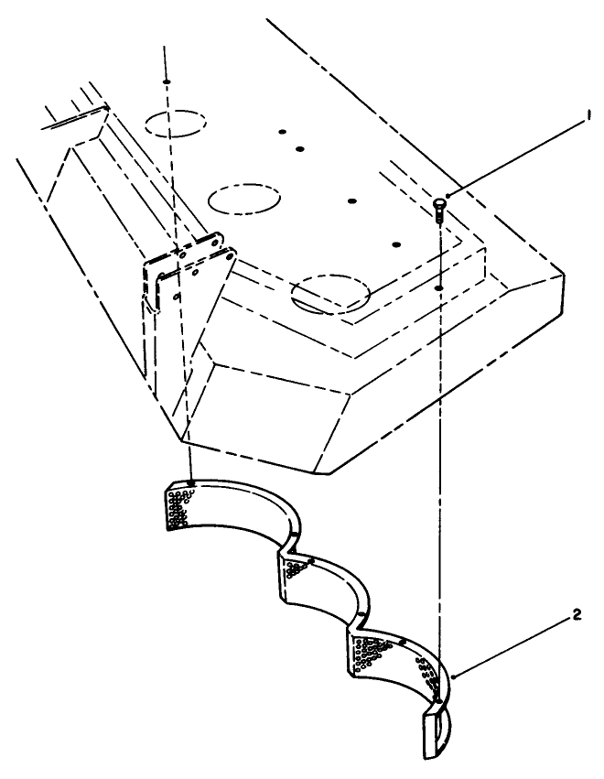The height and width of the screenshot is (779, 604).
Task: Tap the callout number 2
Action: (574, 616)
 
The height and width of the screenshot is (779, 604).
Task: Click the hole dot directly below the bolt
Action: (439, 288)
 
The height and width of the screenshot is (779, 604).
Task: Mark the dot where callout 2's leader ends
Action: (454, 676)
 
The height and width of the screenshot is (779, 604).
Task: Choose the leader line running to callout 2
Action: (512, 646)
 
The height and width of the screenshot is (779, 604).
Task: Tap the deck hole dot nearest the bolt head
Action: (396, 244)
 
